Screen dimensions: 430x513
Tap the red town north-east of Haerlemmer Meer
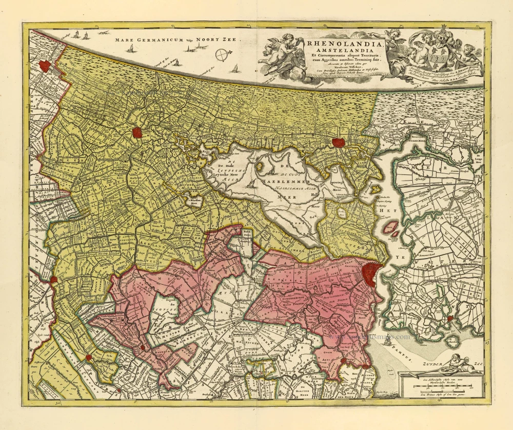pyautogui.click(x=339, y=143)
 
